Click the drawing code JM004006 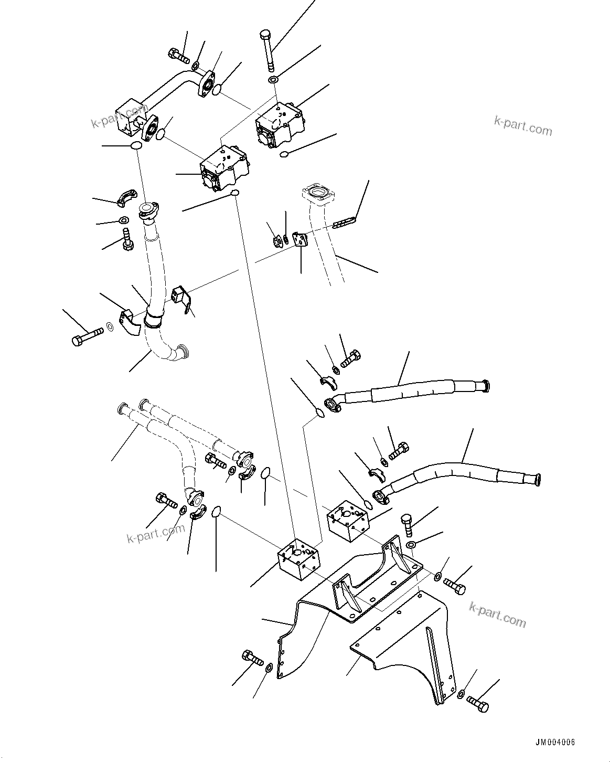click(x=555, y=743)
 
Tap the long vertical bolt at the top click(x=266, y=50)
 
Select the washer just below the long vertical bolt click(x=273, y=80)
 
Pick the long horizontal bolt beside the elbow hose click(x=88, y=335)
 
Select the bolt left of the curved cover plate click(x=252, y=658)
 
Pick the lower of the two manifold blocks click(x=297, y=562)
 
